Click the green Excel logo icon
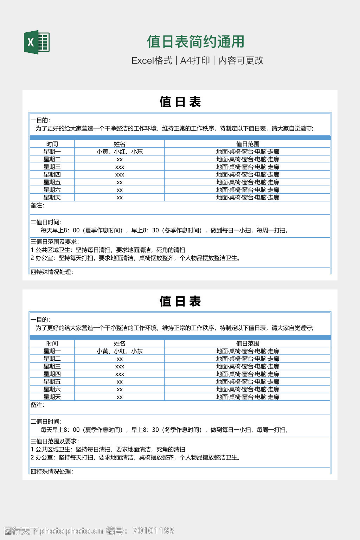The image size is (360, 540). [x=37, y=42]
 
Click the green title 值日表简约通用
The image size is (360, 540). [x=195, y=41]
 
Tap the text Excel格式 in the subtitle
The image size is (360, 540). [x=152, y=60]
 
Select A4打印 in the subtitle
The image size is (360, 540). [x=195, y=60]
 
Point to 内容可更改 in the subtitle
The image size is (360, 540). [x=241, y=60]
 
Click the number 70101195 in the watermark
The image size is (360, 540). [x=153, y=531]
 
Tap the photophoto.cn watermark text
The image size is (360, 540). [x=71, y=531]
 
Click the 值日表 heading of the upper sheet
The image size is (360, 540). [x=180, y=102]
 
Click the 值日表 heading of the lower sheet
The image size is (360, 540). [x=180, y=301]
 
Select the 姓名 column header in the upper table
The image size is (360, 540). [x=120, y=144]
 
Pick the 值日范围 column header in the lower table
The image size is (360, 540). [x=247, y=343]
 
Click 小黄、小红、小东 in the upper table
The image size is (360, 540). [x=120, y=152]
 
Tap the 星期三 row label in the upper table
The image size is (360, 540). [x=52, y=167]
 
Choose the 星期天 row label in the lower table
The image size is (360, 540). [x=52, y=397]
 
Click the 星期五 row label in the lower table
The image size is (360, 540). [x=52, y=382]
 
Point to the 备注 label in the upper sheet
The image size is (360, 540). [x=37, y=205]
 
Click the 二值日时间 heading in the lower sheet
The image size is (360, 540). [x=46, y=422]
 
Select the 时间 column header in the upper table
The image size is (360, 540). [x=52, y=144]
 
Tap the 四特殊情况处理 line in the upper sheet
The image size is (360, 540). [x=52, y=272]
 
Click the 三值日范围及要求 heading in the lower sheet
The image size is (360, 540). [x=54, y=441]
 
